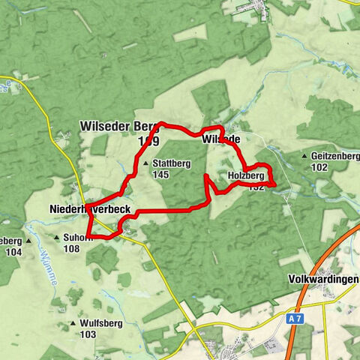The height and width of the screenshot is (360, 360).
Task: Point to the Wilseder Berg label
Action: point(119,127)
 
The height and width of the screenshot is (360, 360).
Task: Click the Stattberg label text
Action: point(170,163)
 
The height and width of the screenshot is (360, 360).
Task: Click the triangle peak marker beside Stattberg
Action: point(145,163)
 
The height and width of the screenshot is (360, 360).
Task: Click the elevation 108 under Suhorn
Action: point(72,250)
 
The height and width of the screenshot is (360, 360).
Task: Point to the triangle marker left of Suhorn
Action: point(56,238)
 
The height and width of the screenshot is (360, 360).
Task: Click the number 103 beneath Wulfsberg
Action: point(88,334)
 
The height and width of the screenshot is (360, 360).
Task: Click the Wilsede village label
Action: point(220,140)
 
